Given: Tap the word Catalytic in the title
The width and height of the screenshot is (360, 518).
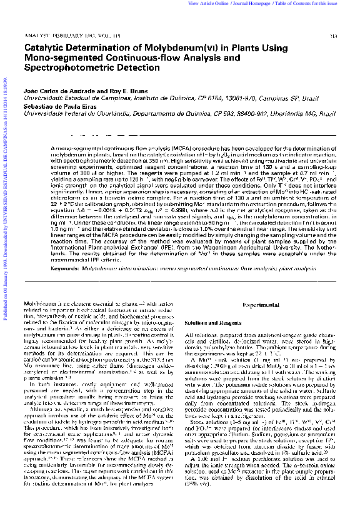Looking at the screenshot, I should click(x=43, y=48).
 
